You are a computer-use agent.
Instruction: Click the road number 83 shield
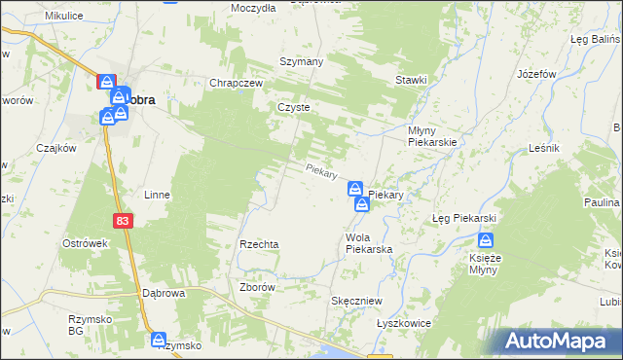[x=121, y=222]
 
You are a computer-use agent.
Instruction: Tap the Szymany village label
[x=301, y=59]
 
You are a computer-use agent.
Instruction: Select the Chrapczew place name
[x=238, y=84]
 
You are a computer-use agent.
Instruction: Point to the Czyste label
[x=293, y=108]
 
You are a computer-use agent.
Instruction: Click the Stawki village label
[x=412, y=80]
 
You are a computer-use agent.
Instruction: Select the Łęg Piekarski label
[x=464, y=218]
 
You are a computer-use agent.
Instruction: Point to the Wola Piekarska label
[x=369, y=244]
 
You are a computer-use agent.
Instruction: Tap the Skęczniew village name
[x=355, y=302]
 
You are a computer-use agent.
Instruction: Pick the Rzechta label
[x=260, y=244]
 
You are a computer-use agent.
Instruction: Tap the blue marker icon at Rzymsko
[x=159, y=339]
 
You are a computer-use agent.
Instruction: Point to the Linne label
[x=157, y=195]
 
